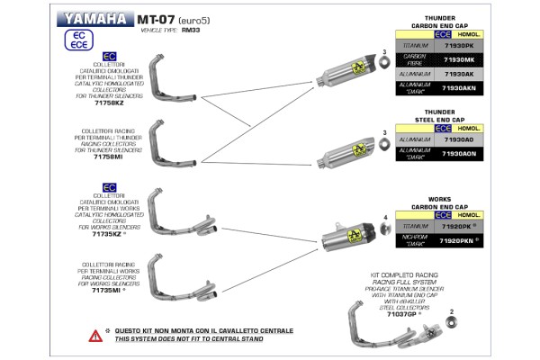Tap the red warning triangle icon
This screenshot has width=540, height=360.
(x=96, y=335)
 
